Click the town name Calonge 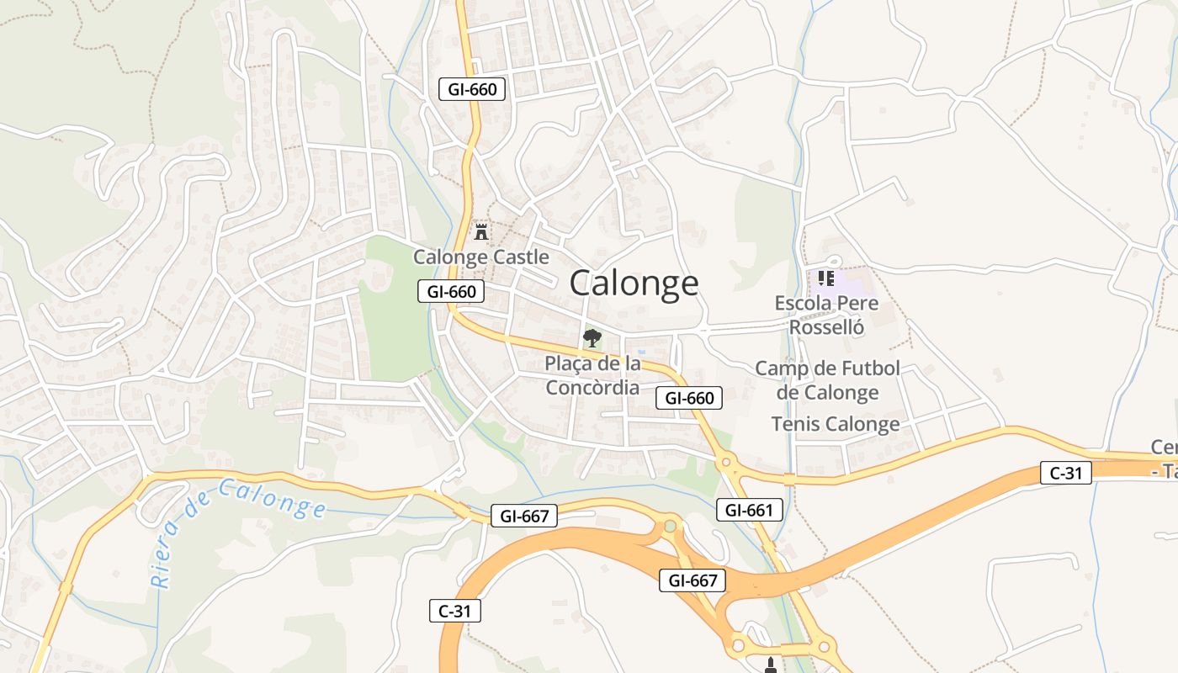pyautogui.click(x=634, y=284)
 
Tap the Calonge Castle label pyautogui.click(x=480, y=257)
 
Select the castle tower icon pyautogui.click(x=481, y=231)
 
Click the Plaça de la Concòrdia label pyautogui.click(x=592, y=375)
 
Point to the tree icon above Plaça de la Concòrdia pyautogui.click(x=592, y=338)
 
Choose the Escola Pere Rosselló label pyautogui.click(x=826, y=315)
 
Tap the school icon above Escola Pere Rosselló pyautogui.click(x=825, y=278)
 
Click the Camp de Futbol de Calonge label pyautogui.click(x=827, y=380)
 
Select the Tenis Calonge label pyautogui.click(x=836, y=424)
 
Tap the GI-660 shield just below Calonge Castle pyautogui.click(x=451, y=292)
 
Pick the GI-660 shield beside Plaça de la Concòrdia pyautogui.click(x=689, y=398)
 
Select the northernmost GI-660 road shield pyautogui.click(x=472, y=88)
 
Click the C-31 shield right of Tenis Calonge pyautogui.click(x=1065, y=473)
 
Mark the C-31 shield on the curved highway pyautogui.click(x=455, y=611)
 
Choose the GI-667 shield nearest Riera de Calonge pyautogui.click(x=523, y=516)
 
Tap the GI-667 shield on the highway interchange pyautogui.click(x=692, y=580)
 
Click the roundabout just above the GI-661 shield pyautogui.click(x=725, y=462)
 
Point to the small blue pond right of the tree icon pyautogui.click(x=641, y=352)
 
